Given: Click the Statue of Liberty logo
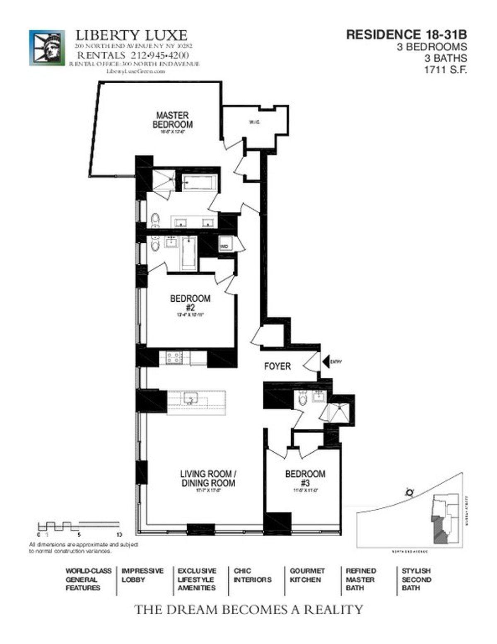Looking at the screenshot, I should click(47, 48).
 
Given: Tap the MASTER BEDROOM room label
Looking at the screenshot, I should click(172, 120).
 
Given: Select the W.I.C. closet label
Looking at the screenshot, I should click(254, 122).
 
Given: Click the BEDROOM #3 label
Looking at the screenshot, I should click(305, 478).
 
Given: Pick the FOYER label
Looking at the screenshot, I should click(277, 366).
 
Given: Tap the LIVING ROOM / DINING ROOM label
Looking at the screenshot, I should click(208, 479).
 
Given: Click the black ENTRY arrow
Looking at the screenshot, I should click(326, 361).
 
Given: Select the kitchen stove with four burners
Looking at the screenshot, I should click(174, 358).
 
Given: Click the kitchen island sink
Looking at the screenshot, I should click(191, 398).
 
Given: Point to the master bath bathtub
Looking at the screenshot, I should click(199, 183).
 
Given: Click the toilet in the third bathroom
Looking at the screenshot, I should click(302, 399).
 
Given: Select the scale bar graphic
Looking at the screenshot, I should click(79, 526).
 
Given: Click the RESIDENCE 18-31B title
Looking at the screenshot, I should click(406, 34).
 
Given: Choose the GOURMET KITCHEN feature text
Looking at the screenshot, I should click(307, 575).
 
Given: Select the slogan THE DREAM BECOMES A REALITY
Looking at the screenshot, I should click(248, 609).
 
